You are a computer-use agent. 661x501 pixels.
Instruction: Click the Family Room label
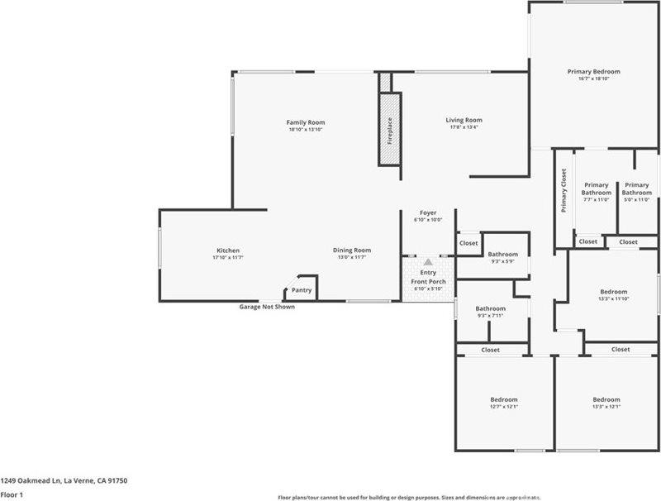[305, 122]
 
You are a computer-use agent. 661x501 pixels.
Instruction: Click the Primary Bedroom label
[593, 72]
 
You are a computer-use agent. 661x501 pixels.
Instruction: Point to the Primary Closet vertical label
[564, 191]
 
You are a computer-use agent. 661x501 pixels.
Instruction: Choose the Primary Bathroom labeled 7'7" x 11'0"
[596, 188]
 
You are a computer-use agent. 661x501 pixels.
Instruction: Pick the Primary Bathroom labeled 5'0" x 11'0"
[637, 188]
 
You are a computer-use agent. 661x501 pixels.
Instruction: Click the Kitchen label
[228, 250]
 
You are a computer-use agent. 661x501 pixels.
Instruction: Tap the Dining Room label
[351, 250]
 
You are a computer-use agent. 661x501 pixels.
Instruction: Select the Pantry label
[302, 290]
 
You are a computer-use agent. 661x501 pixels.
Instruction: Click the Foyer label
[428, 212]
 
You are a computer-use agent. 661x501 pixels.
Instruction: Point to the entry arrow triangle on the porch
[428, 261]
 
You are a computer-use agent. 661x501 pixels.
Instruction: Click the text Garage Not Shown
[266, 307]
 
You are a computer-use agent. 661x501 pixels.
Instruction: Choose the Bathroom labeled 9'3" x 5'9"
[502, 255]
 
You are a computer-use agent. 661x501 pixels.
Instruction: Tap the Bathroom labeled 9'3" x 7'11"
[491, 309]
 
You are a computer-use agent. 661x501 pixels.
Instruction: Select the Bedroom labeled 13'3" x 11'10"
[613, 292]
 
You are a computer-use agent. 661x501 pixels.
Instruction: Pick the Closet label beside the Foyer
[468, 244]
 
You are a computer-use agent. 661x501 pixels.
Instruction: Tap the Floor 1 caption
[12, 494]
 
